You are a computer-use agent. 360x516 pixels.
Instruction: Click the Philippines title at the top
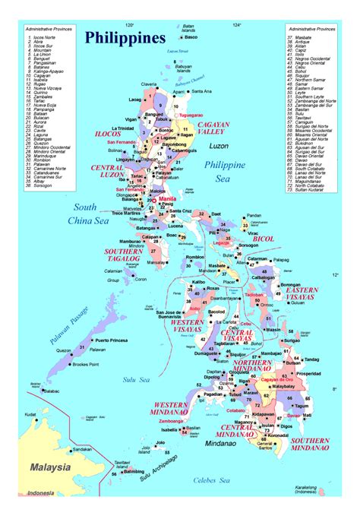point(125,37)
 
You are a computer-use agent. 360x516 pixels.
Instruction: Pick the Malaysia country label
point(50,467)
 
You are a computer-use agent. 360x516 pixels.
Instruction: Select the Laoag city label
point(135,100)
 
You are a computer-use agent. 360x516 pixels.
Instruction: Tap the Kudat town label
point(30,414)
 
